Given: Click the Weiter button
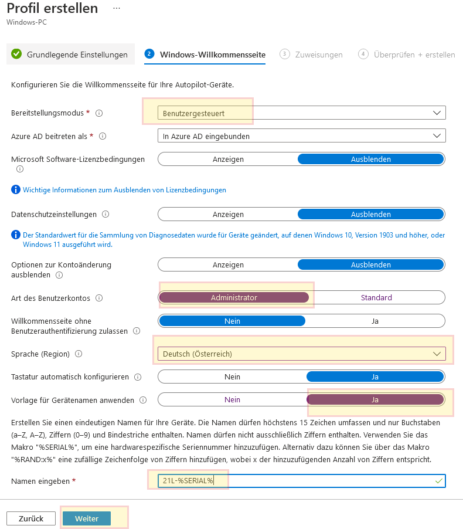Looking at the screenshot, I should tap(86, 518).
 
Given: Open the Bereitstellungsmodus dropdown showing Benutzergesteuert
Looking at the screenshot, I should tap(301, 113).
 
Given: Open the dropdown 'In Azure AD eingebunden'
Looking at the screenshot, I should tap(301, 136).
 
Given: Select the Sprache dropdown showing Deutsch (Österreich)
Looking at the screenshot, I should tap(301, 354).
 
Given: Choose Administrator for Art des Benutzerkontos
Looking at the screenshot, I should tap(234, 297).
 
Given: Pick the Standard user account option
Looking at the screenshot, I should tap(376, 297).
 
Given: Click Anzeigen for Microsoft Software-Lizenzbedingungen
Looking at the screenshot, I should tap(228, 159).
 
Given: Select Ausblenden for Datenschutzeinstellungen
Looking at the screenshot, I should tap(370, 215).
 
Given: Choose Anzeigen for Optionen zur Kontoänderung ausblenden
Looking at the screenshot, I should tap(228, 264).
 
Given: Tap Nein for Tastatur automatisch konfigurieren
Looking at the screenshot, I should tap(232, 377).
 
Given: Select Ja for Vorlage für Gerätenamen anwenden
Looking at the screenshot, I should tap(375, 400).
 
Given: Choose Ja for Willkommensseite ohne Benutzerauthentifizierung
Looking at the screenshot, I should tap(375, 321).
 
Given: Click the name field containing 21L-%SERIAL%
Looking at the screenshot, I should tap(301, 481).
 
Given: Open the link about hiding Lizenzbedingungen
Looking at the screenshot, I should tap(124, 190).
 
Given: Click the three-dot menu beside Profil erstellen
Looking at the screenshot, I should tap(116, 9).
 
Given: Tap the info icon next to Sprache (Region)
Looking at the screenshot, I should tap(79, 354).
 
